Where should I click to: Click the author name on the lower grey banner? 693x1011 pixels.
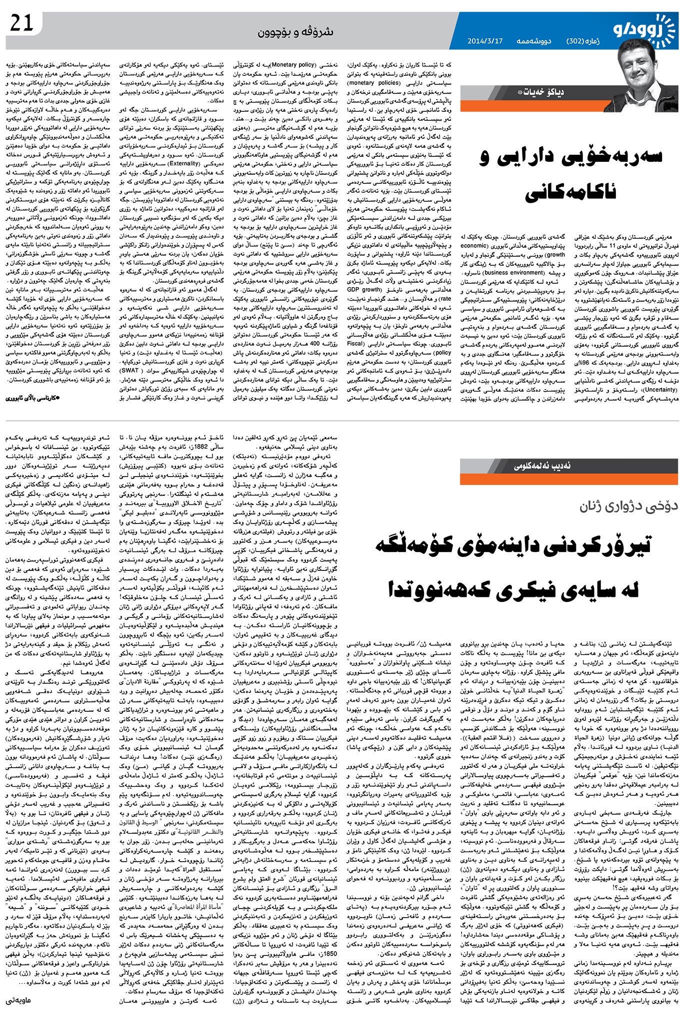coord(547,466)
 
